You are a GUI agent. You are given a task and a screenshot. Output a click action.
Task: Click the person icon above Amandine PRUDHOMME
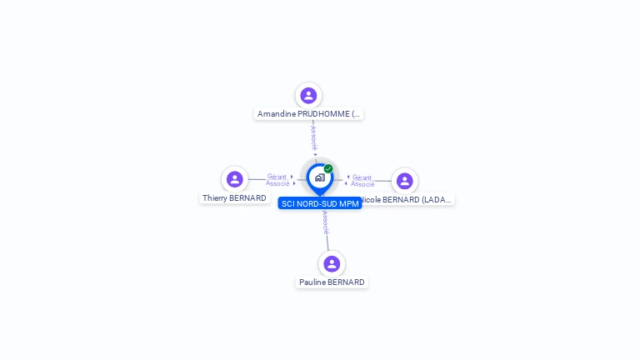[x=308, y=96]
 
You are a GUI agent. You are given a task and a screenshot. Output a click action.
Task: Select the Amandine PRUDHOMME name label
[x=308, y=114]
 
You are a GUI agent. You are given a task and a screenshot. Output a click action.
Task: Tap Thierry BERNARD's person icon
[x=235, y=179]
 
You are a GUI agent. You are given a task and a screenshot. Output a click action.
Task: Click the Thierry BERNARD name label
[x=234, y=198]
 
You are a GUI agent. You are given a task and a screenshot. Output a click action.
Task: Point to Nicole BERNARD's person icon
[x=404, y=181]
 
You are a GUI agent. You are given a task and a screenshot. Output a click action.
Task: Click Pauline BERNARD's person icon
[x=332, y=264]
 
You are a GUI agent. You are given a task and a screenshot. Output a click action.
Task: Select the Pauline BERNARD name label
[x=332, y=282]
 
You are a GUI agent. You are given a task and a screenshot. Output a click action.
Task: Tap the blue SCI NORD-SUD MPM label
[x=320, y=203]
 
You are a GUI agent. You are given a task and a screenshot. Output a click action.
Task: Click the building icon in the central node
[x=319, y=177]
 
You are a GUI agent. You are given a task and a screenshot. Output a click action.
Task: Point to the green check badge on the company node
[x=328, y=168]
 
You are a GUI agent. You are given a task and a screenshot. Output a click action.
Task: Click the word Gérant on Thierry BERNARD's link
[x=277, y=177]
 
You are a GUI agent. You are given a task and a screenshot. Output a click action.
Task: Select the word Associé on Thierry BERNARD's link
[x=277, y=183]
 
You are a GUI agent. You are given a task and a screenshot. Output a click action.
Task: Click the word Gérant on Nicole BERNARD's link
[x=362, y=177]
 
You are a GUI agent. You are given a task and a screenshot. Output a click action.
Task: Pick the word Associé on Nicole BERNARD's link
[x=362, y=184]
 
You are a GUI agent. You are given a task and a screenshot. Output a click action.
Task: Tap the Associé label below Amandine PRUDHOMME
[x=313, y=137]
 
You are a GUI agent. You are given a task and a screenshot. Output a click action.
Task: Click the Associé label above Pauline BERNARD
[x=325, y=222]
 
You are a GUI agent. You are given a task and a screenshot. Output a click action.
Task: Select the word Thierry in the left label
[x=215, y=198]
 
